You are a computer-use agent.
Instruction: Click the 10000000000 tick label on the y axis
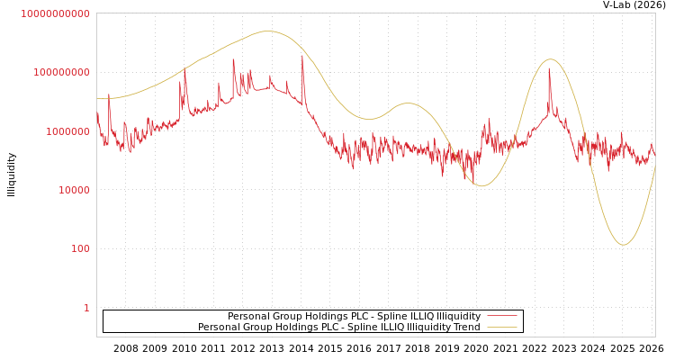click(55, 13)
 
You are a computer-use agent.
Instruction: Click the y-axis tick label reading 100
click(80, 248)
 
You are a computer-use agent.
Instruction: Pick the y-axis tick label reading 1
click(86, 308)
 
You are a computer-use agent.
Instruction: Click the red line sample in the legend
click(502, 317)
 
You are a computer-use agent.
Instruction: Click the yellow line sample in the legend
click(502, 328)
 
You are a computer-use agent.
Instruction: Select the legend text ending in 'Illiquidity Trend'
click(338, 328)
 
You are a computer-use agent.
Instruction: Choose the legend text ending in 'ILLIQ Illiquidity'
click(354, 317)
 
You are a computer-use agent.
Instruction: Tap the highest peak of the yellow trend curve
click(266, 31)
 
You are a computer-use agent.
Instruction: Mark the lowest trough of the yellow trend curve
click(623, 245)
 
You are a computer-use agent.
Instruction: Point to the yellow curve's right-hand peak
click(551, 59)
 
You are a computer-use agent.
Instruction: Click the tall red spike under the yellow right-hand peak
click(549, 70)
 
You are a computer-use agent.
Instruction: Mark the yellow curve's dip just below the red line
click(481, 185)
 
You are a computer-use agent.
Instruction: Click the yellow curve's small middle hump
click(408, 103)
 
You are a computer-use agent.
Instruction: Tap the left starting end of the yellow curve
click(97, 99)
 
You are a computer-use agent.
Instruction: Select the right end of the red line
click(654, 153)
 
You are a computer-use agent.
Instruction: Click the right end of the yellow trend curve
click(654, 166)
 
